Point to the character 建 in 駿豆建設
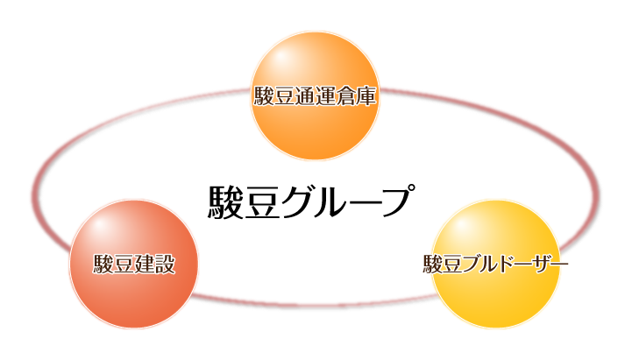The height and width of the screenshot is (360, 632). pos(144,265)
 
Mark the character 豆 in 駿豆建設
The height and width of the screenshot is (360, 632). pos(124,265)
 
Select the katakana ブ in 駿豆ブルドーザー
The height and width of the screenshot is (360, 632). pos(473,265)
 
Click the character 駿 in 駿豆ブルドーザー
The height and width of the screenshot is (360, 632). pos(433,265)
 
